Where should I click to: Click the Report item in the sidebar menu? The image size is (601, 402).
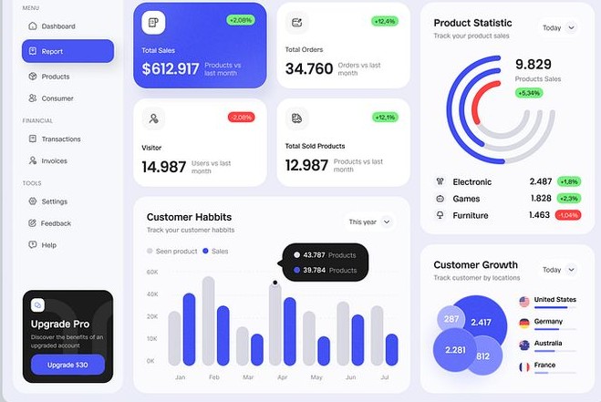point(67,51)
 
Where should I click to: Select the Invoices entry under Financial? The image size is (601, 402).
point(54,161)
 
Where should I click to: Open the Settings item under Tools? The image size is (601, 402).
point(54,201)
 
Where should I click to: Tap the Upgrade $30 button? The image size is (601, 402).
point(67,365)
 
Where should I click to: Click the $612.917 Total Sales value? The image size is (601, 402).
point(171,68)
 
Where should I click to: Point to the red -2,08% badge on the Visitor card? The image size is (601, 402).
point(241,117)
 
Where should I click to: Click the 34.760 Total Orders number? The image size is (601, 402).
point(308,68)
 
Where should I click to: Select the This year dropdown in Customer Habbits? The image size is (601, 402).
point(369,222)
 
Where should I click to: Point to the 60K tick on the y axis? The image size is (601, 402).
point(152,273)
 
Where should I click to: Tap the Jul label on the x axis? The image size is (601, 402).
point(384,376)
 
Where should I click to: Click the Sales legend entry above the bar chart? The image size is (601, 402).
point(215,251)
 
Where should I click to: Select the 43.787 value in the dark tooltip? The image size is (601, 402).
point(314,255)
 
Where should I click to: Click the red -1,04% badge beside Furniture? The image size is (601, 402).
point(567,215)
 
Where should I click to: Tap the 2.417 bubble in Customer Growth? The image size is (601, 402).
point(481,322)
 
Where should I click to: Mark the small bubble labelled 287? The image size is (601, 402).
point(451,319)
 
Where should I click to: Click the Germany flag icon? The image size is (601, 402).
point(524,323)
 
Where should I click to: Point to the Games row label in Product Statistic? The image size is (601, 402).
point(466,199)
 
